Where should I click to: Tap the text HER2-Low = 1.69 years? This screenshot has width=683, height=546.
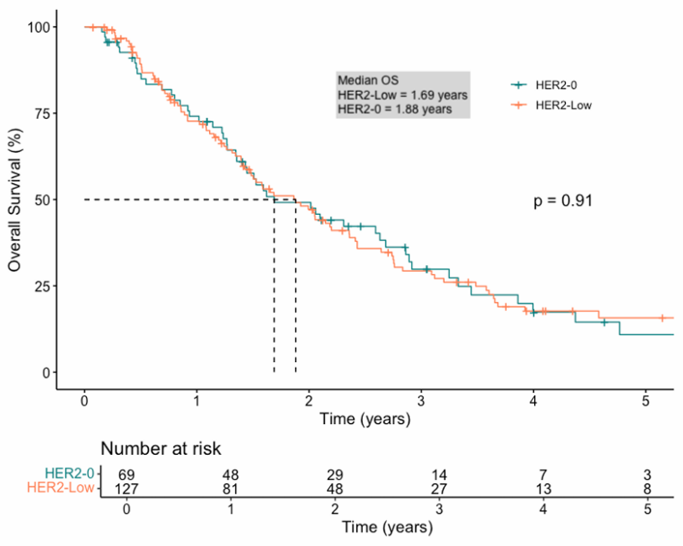(x=402, y=94)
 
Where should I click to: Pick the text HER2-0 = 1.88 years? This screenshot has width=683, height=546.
(x=395, y=109)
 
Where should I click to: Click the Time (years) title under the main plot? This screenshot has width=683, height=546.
(x=364, y=418)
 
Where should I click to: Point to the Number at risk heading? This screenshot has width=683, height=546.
(x=161, y=449)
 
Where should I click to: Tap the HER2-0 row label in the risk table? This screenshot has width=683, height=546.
(x=72, y=474)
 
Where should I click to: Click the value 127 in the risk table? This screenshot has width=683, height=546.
(x=125, y=488)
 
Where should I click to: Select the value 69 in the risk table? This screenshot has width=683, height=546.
(x=125, y=474)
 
